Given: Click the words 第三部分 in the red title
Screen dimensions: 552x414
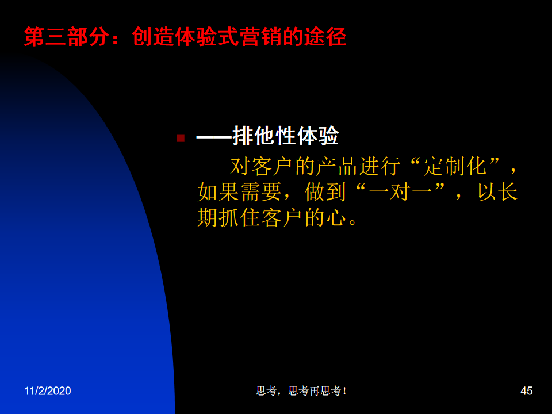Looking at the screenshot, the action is (x=67, y=37).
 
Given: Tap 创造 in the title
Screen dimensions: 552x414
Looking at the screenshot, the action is (x=152, y=37).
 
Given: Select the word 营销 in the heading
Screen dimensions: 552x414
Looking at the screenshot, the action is (x=260, y=37).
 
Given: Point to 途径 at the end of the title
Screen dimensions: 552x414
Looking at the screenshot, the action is (x=325, y=37).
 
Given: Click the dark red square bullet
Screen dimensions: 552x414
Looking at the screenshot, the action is (x=181, y=138).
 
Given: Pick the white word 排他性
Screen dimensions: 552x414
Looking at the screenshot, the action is (x=264, y=136).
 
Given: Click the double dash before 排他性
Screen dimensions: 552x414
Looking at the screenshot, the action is (x=214, y=137).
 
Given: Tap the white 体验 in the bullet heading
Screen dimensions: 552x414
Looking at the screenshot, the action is (x=317, y=136).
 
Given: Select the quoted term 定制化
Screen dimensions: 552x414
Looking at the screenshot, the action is (x=455, y=166).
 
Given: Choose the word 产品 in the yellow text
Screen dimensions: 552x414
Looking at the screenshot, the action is (x=337, y=166).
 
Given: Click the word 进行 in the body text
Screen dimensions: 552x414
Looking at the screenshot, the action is (x=379, y=166).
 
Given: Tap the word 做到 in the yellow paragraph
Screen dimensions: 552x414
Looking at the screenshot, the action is (x=325, y=192).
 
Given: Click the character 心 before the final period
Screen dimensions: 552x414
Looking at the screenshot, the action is (x=336, y=217).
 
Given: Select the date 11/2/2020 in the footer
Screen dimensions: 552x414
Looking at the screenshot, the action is (x=48, y=391).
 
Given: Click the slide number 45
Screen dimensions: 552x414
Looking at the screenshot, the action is (x=526, y=391).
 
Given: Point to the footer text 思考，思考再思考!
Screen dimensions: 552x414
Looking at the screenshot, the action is (x=301, y=391).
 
